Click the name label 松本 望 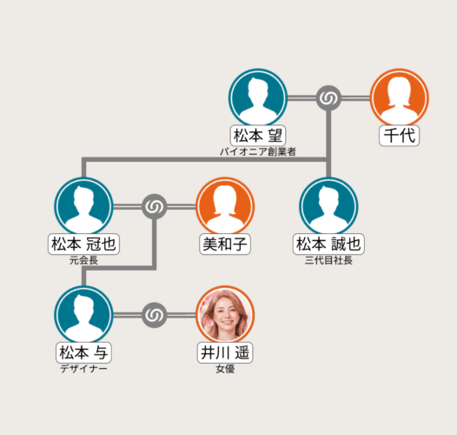coord(258,136)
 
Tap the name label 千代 coord(400,136)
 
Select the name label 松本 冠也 coord(83,244)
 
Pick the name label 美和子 coord(225,244)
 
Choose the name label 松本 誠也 coord(328,244)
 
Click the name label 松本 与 coord(83,352)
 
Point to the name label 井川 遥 coord(225,352)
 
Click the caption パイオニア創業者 coord(258,151)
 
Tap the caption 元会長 coord(83,260)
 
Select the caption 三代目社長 coord(328,260)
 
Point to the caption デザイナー coord(83,369)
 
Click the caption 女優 coord(225,369)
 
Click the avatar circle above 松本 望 coord(258,97)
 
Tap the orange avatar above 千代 coord(400,97)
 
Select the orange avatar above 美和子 coord(225,206)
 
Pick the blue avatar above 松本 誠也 coord(328,206)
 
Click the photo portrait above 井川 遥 coord(225,315)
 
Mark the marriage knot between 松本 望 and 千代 coord(328,98)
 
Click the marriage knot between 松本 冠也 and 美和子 coord(155,207)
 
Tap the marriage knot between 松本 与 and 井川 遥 coord(155,315)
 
